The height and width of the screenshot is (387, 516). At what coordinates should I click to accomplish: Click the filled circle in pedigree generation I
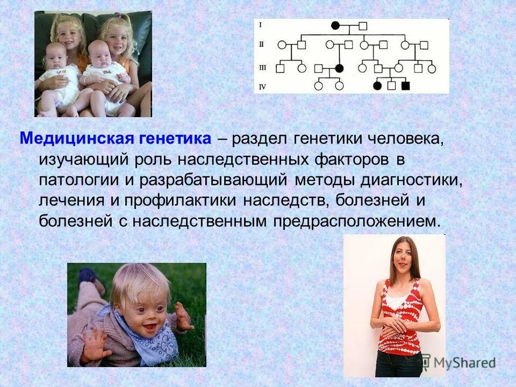click(335, 25)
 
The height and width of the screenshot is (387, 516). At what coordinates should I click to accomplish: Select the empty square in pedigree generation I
click(363, 25)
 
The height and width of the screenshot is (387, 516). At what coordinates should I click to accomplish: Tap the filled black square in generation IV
click(406, 85)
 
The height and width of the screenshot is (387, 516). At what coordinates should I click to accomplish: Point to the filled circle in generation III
click(339, 68)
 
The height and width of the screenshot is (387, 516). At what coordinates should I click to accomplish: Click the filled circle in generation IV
click(377, 85)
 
